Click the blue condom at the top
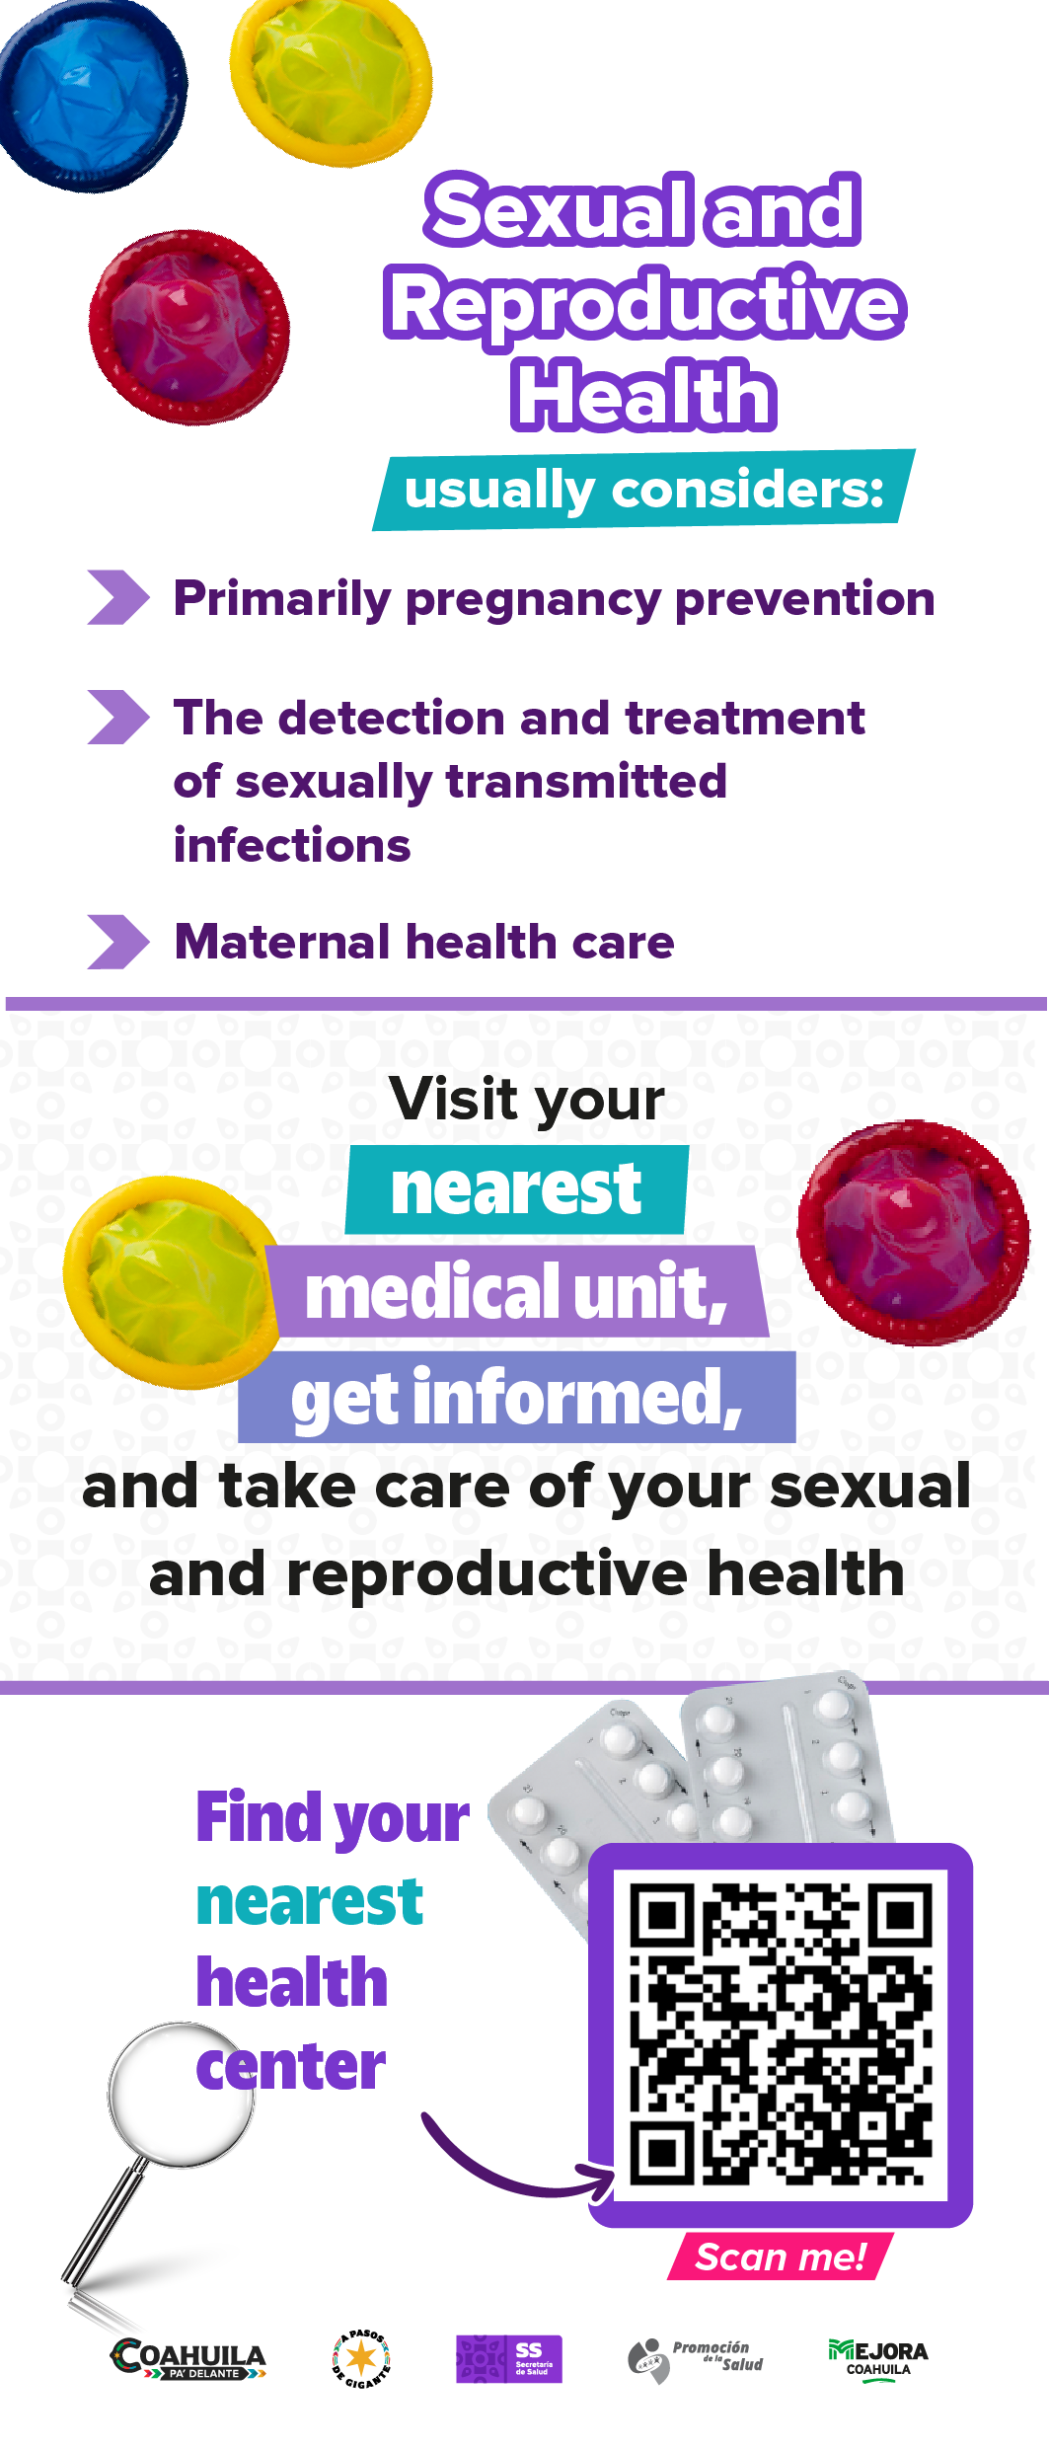tap(91, 94)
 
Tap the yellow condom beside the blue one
tap(332, 79)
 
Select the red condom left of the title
tap(188, 327)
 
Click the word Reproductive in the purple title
tap(644, 304)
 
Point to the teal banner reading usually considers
tap(643, 490)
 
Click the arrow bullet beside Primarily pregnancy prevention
tap(117, 597)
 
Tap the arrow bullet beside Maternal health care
tap(117, 942)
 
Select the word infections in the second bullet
tap(292, 846)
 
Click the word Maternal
tap(283, 942)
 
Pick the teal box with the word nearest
tap(516, 1189)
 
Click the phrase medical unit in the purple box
tap(516, 1292)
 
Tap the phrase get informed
tap(516, 1398)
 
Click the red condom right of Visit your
tap(913, 1232)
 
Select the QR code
tap(781, 2034)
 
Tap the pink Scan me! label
tap(781, 2257)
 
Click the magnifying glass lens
tap(182, 2095)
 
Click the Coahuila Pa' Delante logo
tap(187, 2359)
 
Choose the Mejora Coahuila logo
tap(878, 2360)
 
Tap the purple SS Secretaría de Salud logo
tap(509, 2359)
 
